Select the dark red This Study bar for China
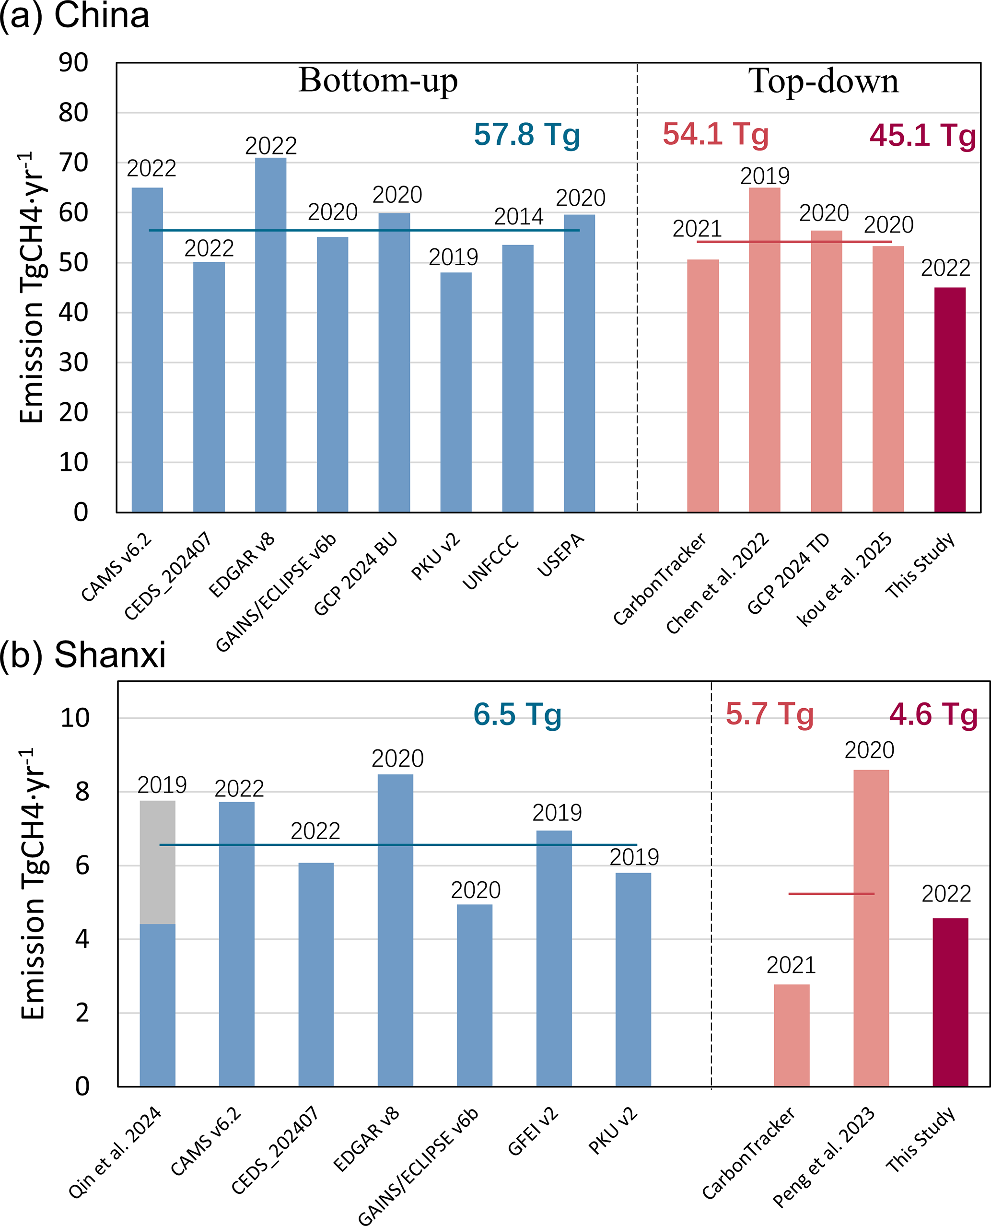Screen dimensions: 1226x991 [x=949, y=399]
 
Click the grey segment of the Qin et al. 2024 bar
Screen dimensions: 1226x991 [x=158, y=862]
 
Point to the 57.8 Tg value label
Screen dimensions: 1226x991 [x=526, y=135]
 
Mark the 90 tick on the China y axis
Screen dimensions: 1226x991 [x=74, y=63]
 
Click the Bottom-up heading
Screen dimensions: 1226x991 [x=378, y=81]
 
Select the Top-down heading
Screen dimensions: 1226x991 [x=823, y=81]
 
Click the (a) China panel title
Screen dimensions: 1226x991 [x=74, y=16]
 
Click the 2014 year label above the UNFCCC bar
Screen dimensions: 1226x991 [x=518, y=217]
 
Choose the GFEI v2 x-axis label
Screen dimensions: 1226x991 [x=533, y=1139]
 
